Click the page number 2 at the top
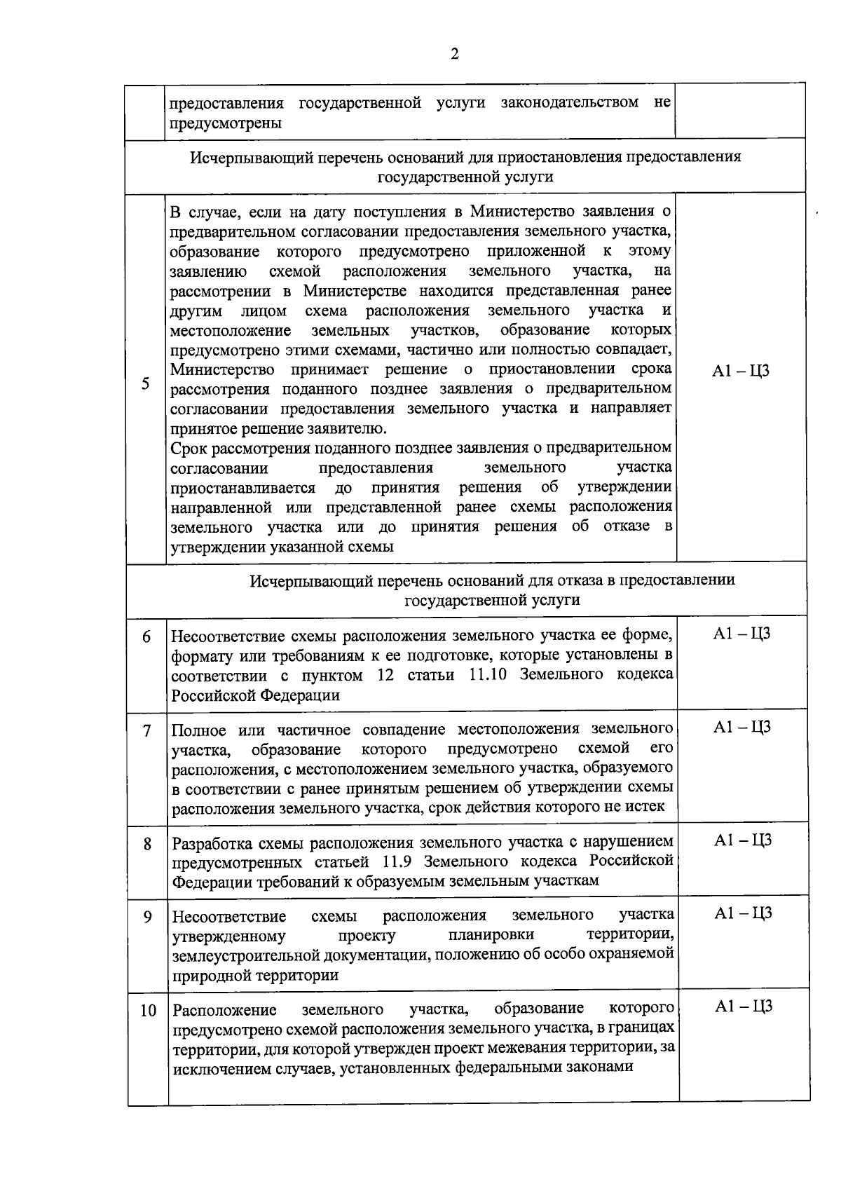[x=455, y=55]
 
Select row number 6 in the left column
[x=146, y=637]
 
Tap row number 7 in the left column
[x=146, y=730]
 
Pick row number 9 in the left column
[x=147, y=916]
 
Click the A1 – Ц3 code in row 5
[x=740, y=372]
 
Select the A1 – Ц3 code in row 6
[x=741, y=634]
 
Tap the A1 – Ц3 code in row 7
[x=742, y=727]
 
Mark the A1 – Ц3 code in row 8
[x=743, y=840]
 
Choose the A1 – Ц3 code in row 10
[x=744, y=1007]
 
